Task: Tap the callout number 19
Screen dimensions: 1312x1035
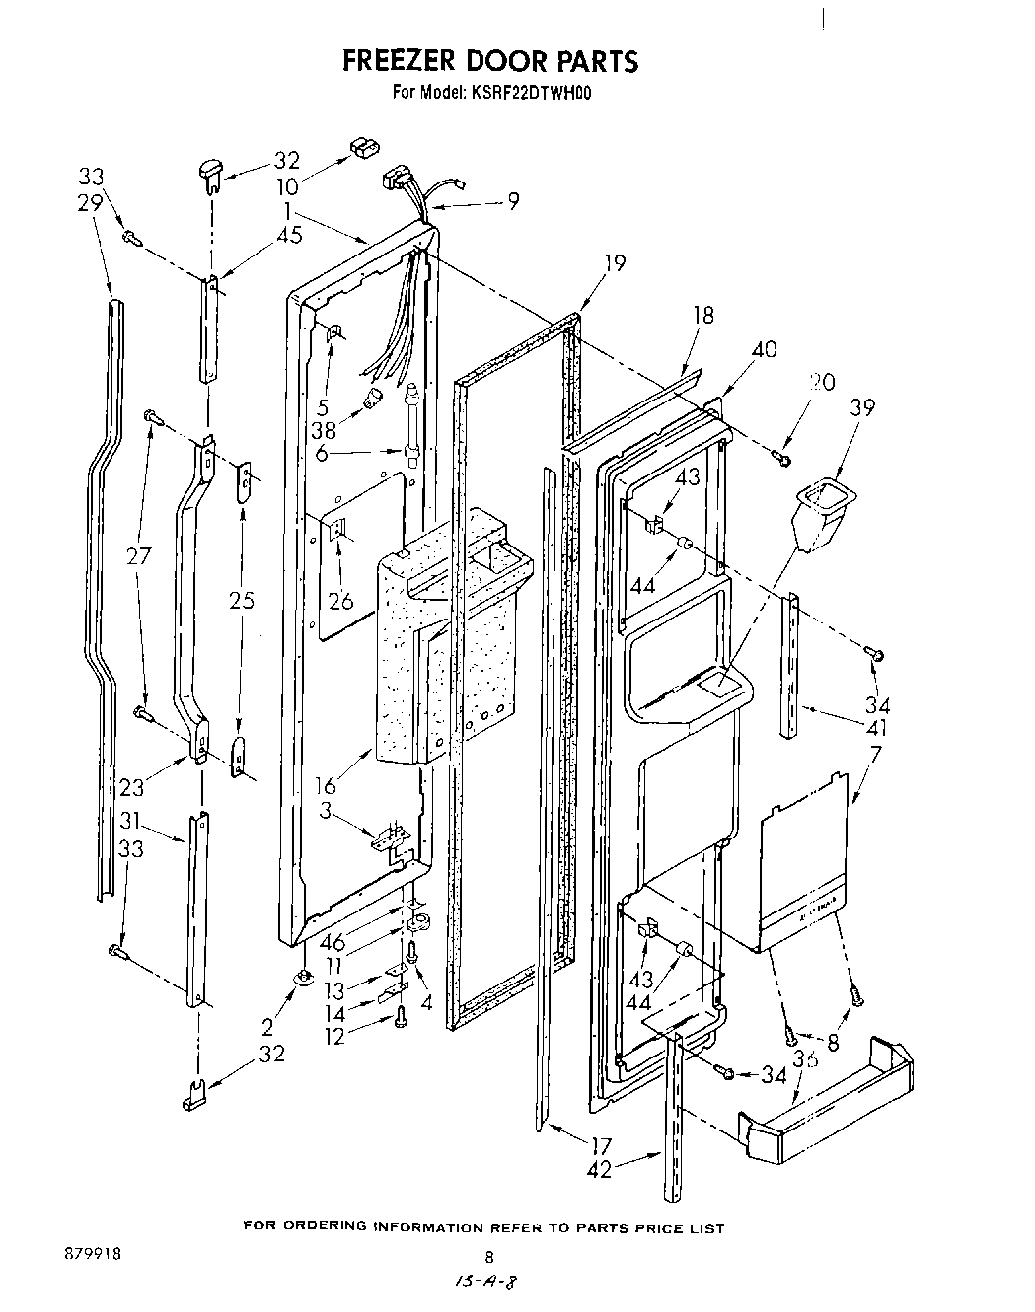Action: [x=615, y=263]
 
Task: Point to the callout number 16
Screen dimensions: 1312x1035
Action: [x=326, y=785]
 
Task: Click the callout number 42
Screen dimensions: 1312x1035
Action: [x=599, y=1169]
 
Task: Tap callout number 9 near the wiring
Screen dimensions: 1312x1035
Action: [x=513, y=201]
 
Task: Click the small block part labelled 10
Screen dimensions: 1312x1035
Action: [x=364, y=147]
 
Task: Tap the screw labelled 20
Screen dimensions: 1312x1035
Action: [x=782, y=457]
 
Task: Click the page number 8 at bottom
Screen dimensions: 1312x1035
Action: [x=487, y=1256]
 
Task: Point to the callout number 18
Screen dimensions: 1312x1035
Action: [x=703, y=316]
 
